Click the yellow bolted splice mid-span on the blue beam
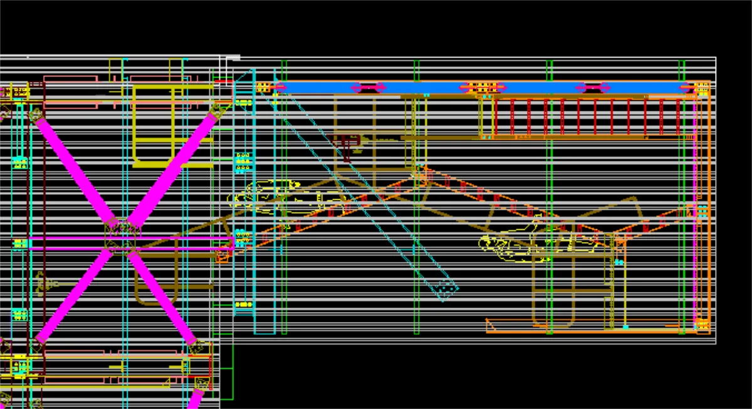click(x=483, y=88)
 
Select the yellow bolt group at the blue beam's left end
click(x=264, y=87)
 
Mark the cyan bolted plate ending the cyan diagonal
click(x=447, y=289)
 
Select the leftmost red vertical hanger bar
click(x=495, y=117)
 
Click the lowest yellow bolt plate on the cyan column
click(x=243, y=305)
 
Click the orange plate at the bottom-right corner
click(x=702, y=324)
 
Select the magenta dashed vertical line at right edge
click(x=695, y=207)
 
